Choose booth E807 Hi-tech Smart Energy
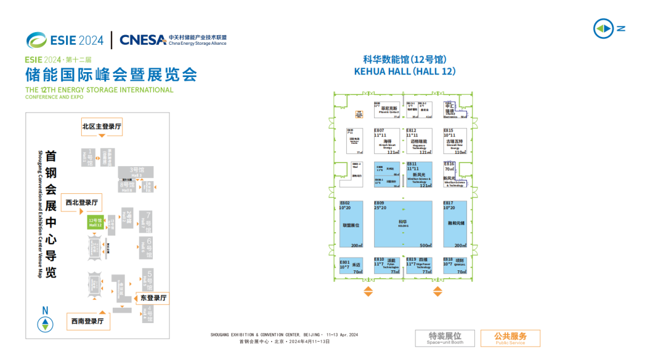[x=387, y=141]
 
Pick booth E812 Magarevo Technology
[x=419, y=141]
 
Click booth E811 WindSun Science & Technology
[x=419, y=175]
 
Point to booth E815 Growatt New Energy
[x=455, y=141]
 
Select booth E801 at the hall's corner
[x=351, y=265]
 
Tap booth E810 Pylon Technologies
[x=387, y=265]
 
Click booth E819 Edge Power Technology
[x=419, y=265]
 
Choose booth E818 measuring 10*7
[x=455, y=265]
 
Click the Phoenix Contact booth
[x=387, y=110]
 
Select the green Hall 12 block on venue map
[x=96, y=222]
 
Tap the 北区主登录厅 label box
[x=102, y=127]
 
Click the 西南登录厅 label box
[x=88, y=321]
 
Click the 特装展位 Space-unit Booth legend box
[x=445, y=338]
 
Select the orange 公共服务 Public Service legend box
[x=510, y=338]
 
